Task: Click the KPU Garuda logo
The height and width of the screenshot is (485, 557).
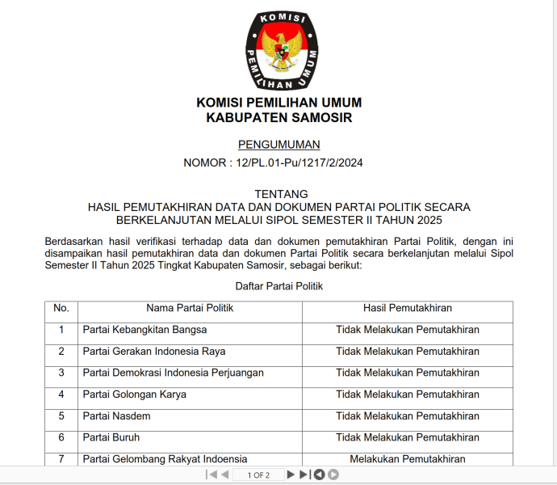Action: coord(279,50)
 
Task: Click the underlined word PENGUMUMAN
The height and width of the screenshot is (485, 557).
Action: coord(279,145)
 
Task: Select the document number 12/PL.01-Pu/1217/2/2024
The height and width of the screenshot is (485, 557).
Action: coord(299,162)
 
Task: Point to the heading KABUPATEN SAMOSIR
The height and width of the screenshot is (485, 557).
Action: coord(279,118)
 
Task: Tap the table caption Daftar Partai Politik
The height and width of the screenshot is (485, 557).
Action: coord(279,286)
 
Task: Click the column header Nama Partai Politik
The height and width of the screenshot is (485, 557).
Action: coord(191,308)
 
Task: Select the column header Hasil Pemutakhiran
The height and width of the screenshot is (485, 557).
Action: coord(407,308)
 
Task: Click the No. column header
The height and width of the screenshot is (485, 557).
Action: coord(61,308)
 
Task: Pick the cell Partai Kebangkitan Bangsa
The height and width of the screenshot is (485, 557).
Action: coord(145,330)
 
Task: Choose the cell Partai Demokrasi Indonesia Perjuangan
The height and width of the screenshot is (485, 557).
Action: coord(174,373)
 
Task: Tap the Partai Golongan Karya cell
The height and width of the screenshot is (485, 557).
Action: coord(135,394)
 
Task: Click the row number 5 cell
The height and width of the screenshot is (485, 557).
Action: coord(61,415)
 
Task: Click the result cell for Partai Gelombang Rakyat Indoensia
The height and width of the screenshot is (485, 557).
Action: coord(407,459)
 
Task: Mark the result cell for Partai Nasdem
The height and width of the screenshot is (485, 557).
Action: coord(407,415)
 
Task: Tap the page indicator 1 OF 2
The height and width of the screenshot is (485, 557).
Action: coord(258,474)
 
